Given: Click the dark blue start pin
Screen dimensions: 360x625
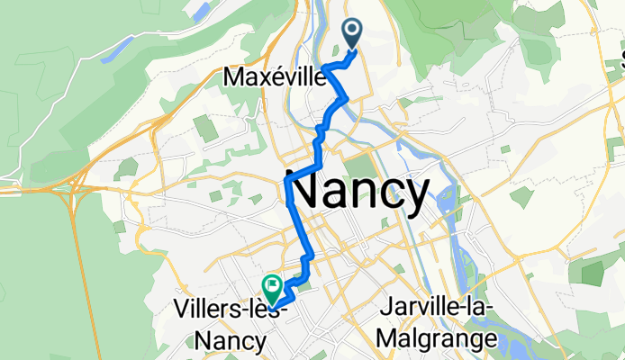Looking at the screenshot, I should point(351,34).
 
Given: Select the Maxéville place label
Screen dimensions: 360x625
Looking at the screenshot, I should point(274,78).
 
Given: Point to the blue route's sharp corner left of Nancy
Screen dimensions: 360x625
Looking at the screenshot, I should point(286,181).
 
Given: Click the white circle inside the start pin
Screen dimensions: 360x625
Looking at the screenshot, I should point(351,30).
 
